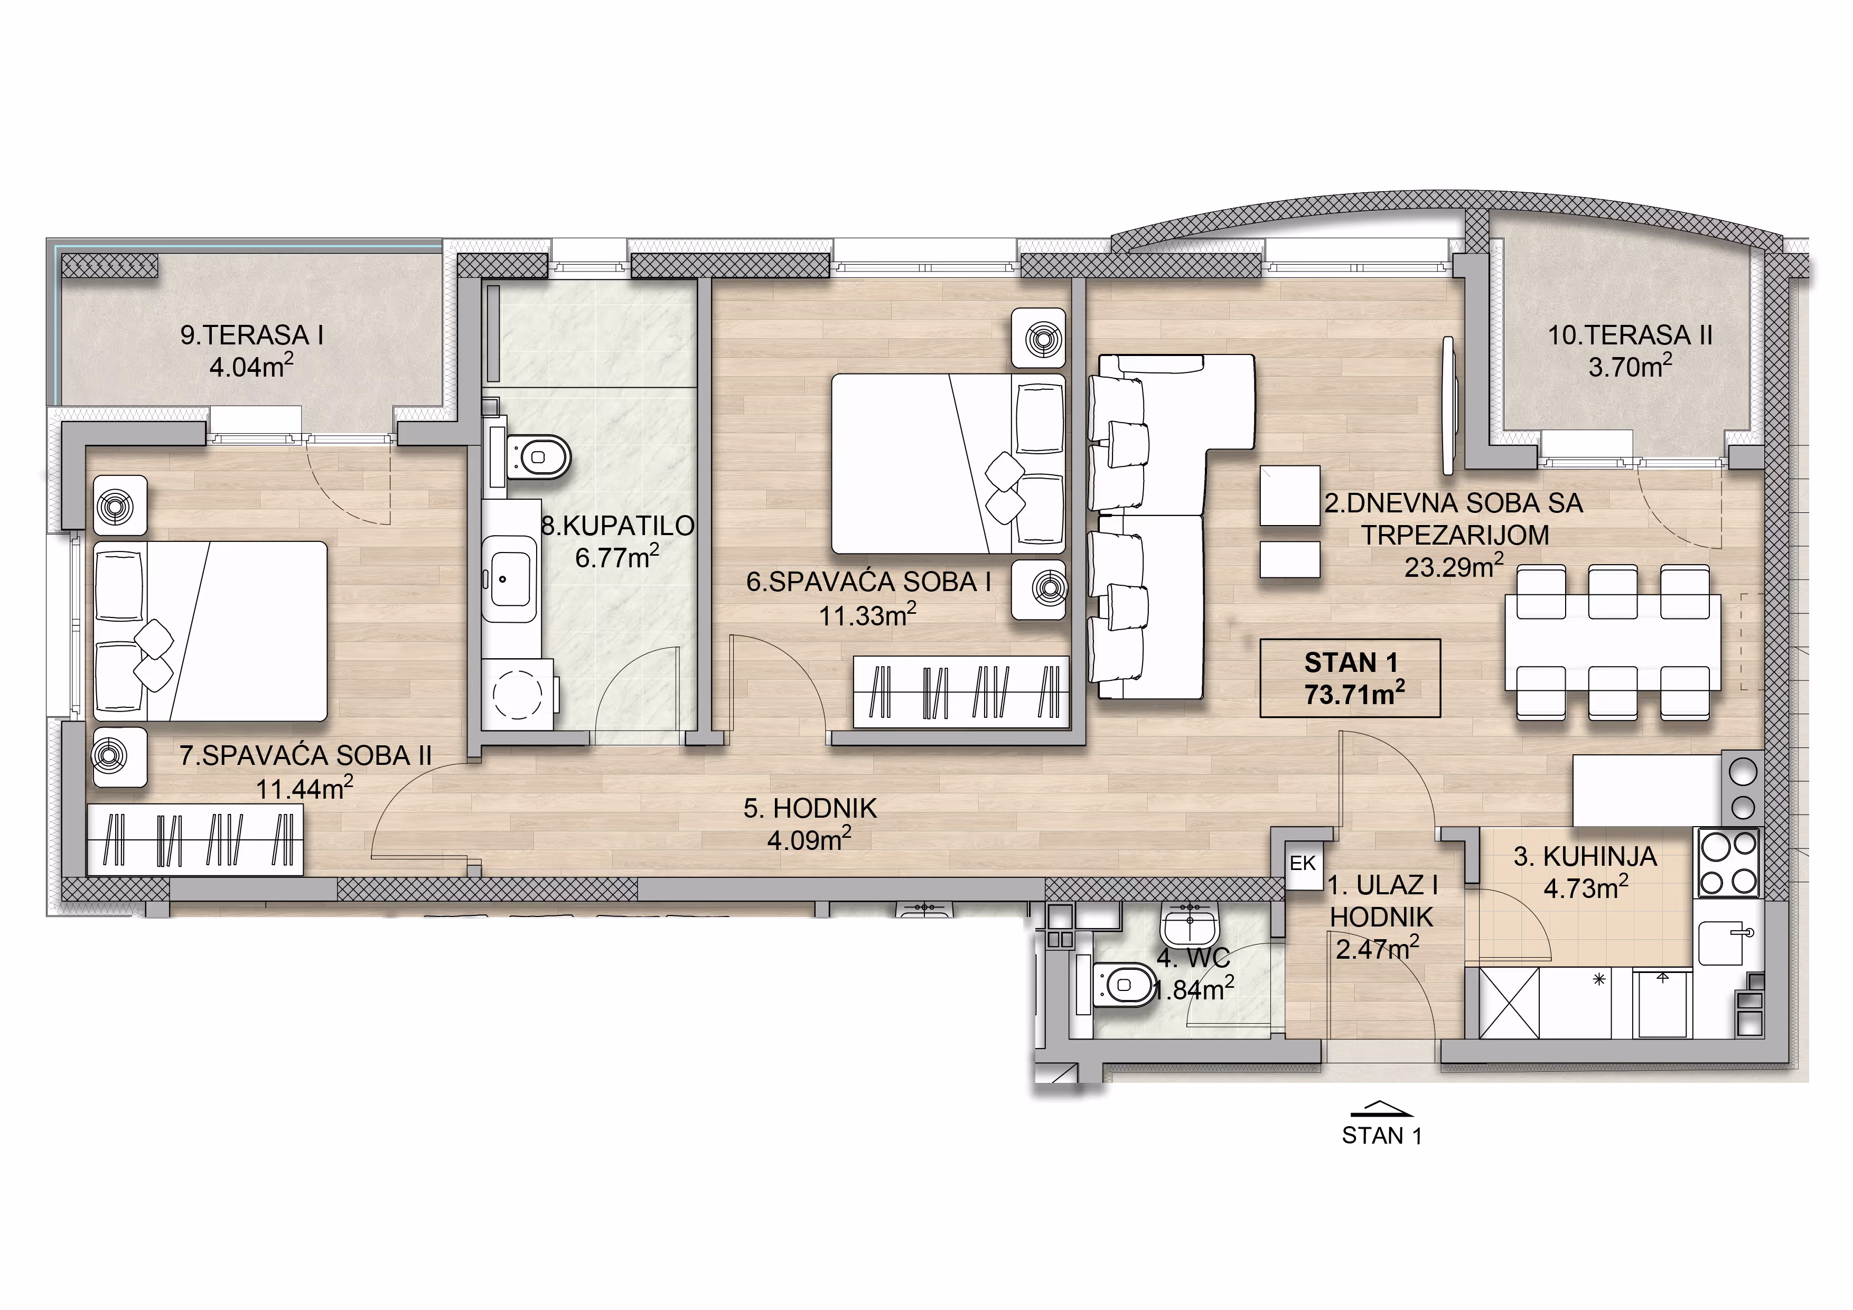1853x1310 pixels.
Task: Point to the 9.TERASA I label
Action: click(x=252, y=335)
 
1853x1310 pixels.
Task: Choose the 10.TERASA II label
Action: click(x=1630, y=335)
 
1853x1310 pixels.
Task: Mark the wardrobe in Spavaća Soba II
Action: click(x=194, y=840)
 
